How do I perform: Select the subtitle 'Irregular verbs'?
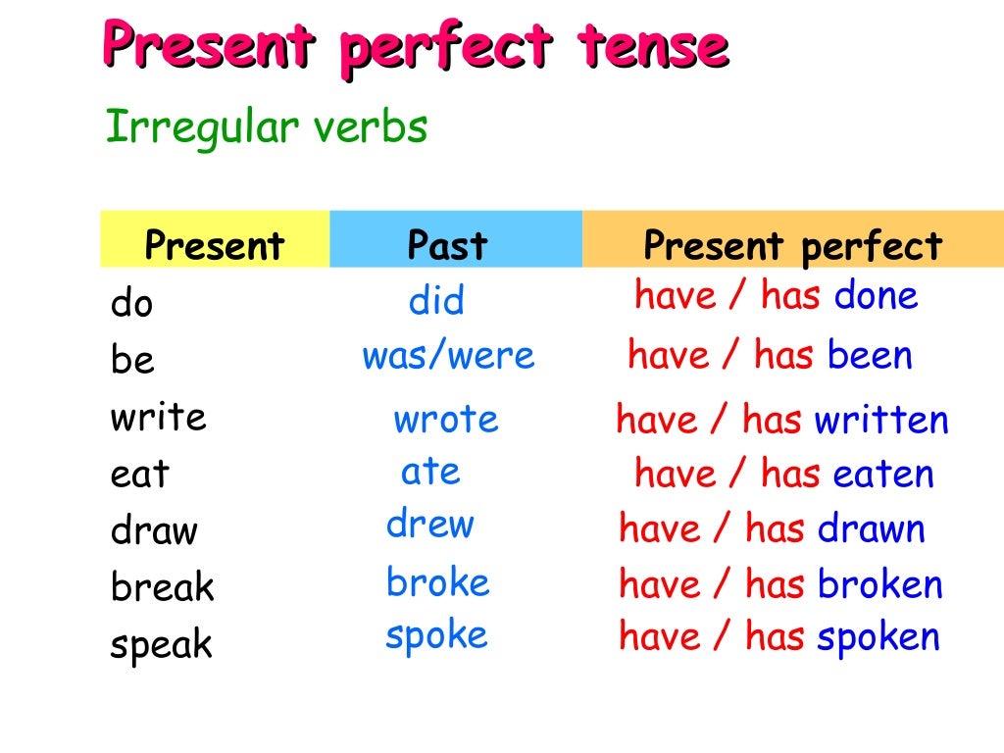pyautogui.click(x=266, y=127)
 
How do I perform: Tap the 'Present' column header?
pyautogui.click(x=214, y=245)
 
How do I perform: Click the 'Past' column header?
pyautogui.click(x=447, y=245)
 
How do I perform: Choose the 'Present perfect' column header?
pyautogui.click(x=792, y=246)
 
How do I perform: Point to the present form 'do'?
pyautogui.click(x=132, y=304)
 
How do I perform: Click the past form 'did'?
pyautogui.click(x=436, y=301)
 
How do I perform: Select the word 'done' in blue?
pyautogui.click(x=876, y=295)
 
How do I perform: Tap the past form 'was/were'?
pyautogui.click(x=449, y=355)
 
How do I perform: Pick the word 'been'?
pyautogui.click(x=870, y=355)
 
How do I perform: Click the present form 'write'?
pyautogui.click(x=158, y=417)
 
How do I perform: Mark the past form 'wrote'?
pyautogui.click(x=446, y=420)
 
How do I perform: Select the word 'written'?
pyautogui.click(x=881, y=420)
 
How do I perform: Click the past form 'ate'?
pyautogui.click(x=430, y=472)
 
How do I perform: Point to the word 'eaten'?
pyautogui.click(x=883, y=475)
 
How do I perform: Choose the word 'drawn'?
pyautogui.click(x=872, y=529)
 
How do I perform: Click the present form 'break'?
pyautogui.click(x=162, y=587)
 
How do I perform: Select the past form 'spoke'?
pyautogui.click(x=436, y=635)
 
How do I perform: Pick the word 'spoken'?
pyautogui.click(x=878, y=637)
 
